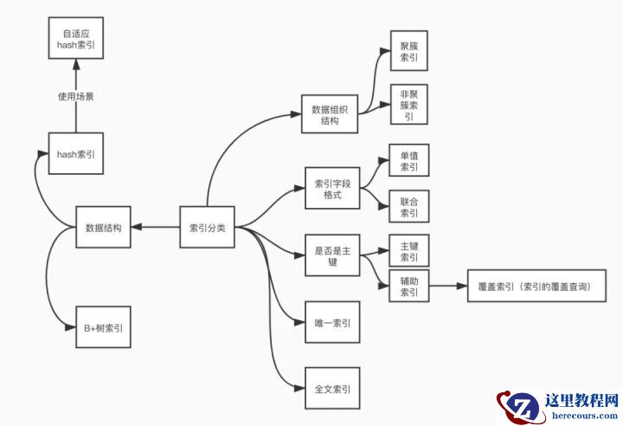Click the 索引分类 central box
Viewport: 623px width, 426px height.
(207, 229)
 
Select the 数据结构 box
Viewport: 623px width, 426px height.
(103, 229)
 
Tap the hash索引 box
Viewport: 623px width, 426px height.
(75, 154)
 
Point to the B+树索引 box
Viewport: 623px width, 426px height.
(103, 327)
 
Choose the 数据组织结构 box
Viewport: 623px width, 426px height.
(329, 115)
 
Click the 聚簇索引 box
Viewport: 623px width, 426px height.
(408, 51)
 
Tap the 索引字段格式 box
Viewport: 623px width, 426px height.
(332, 190)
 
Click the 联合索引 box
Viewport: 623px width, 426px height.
(408, 207)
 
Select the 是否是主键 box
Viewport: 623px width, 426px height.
(332, 255)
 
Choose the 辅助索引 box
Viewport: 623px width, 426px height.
(408, 287)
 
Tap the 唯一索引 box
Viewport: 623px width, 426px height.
(332, 323)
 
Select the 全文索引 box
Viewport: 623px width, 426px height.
(332, 390)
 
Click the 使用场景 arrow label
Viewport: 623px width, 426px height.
(75, 97)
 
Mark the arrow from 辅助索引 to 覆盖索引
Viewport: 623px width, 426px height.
(446, 286)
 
